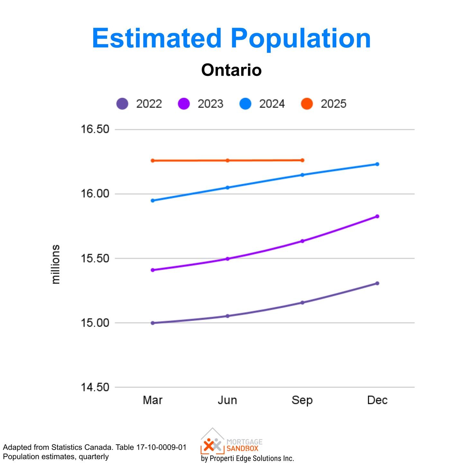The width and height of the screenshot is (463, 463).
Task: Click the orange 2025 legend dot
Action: [307, 104]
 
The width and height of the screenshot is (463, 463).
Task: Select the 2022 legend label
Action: [149, 104]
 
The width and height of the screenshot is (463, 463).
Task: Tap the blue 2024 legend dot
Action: [245, 104]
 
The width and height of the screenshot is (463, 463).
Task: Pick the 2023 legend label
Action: [211, 104]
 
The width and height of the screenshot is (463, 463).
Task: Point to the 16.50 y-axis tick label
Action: [95, 129]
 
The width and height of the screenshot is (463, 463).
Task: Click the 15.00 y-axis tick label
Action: [95, 323]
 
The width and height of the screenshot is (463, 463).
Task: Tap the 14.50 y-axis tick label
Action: [95, 387]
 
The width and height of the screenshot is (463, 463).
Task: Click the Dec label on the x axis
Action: [377, 400]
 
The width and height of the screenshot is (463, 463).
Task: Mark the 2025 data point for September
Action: [302, 160]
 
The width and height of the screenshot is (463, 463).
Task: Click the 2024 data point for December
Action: [377, 164]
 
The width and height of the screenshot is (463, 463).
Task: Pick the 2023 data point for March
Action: [153, 270]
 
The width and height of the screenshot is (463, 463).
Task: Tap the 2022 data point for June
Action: [228, 316]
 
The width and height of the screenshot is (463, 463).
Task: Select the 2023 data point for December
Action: [377, 216]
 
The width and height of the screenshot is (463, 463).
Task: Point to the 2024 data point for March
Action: [153, 200]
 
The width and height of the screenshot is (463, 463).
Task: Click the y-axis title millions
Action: [56, 264]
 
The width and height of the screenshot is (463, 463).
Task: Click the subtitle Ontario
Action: [232, 70]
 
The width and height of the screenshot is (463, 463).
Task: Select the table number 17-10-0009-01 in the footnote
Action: [161, 447]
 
